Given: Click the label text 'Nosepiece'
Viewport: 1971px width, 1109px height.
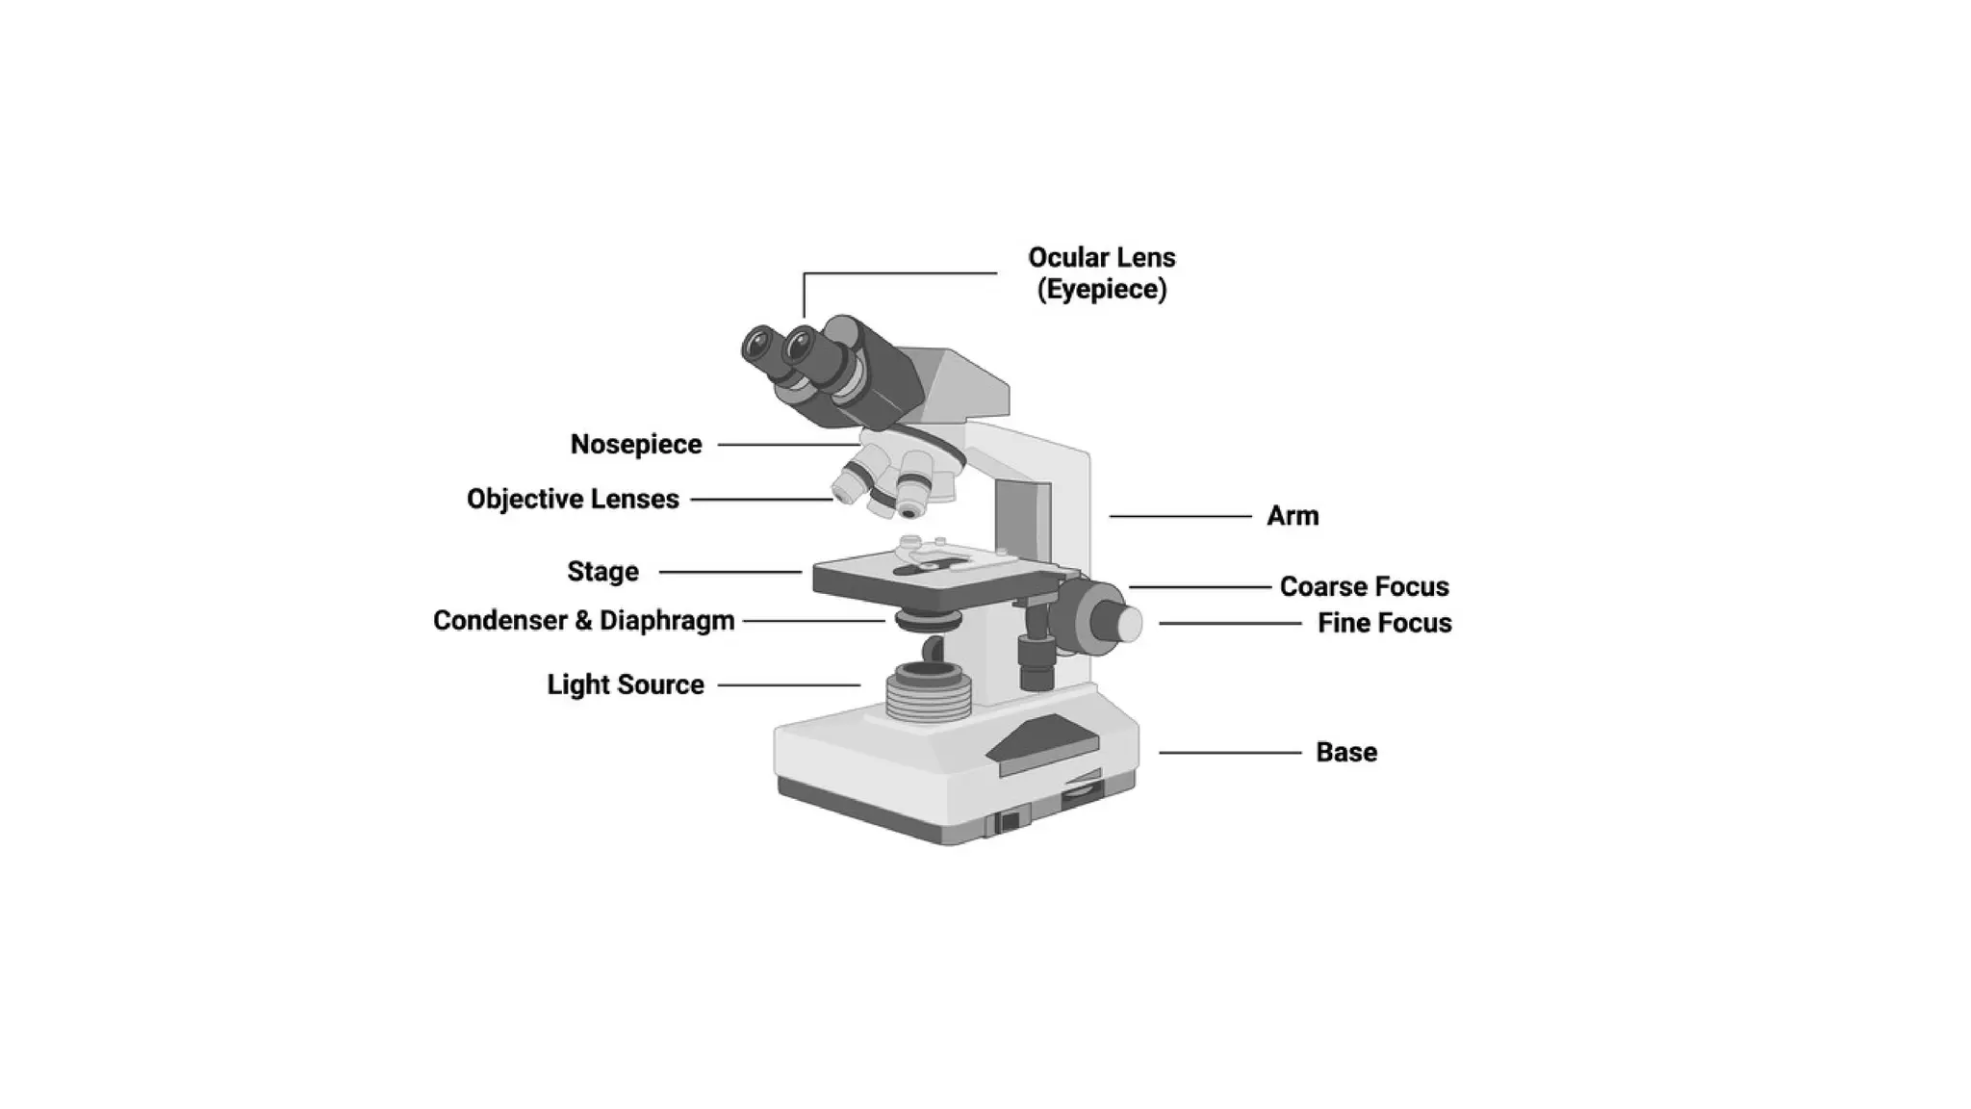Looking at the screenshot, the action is point(636,445).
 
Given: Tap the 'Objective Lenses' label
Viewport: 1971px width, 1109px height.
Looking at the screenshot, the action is point(573,500).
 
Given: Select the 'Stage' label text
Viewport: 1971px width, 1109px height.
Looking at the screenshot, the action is point(602,572).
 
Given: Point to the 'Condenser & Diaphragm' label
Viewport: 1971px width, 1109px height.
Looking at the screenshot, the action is point(583,621).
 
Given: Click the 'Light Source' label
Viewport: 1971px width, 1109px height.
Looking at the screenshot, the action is point(626,685).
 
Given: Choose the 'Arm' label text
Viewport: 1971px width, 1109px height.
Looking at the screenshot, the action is point(1292,517).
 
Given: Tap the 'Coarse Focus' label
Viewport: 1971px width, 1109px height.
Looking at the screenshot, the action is point(1364,587).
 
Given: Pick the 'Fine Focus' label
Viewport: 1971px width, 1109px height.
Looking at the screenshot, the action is point(1384,624).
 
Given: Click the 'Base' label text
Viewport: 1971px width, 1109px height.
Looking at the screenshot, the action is point(1345,753).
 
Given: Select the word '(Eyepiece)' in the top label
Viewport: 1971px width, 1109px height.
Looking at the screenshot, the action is point(1102,290).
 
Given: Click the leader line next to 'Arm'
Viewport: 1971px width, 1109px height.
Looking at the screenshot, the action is point(1180,517).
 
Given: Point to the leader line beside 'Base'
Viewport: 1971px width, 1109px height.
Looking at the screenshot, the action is point(1230,753).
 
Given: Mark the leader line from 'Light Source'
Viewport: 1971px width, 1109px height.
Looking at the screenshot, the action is point(789,685).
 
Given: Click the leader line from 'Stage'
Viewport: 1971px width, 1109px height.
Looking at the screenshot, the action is point(730,572).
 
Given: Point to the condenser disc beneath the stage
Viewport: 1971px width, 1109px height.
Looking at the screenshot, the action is point(928,620).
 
